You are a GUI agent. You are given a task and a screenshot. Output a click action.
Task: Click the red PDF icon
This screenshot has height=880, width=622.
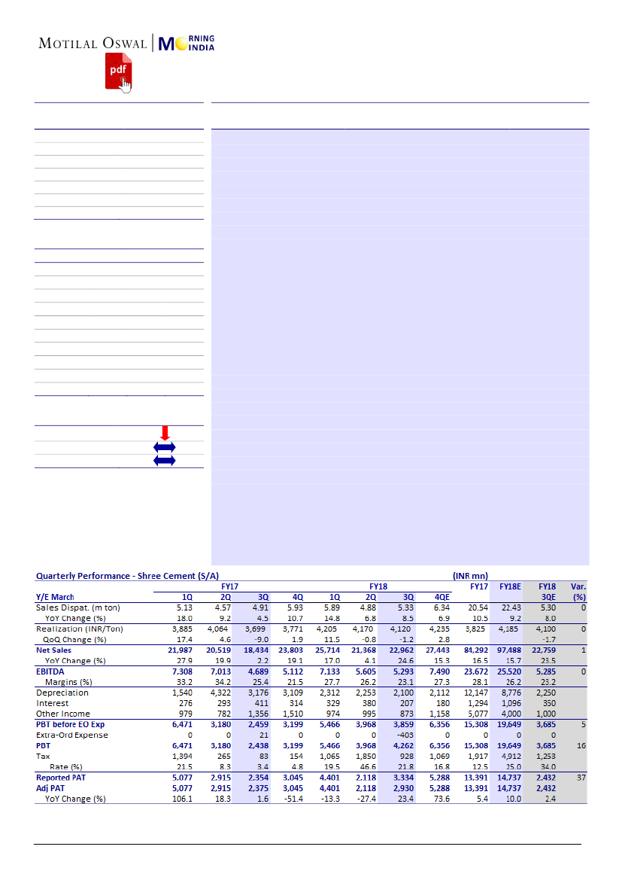tap(117, 70)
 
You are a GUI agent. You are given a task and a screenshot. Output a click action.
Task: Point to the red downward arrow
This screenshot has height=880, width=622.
tap(165, 433)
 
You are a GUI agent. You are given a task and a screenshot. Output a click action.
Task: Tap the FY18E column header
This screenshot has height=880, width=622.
tap(510, 586)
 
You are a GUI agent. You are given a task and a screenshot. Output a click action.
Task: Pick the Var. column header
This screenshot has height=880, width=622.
tap(578, 586)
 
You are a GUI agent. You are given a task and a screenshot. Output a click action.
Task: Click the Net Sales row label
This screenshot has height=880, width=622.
tap(55, 650)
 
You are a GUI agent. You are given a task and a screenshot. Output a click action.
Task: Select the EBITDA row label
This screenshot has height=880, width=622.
tap(51, 671)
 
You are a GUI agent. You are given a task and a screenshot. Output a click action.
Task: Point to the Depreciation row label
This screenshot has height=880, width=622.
tap(62, 693)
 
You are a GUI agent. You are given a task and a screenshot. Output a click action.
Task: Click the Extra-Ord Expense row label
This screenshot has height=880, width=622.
tap(72, 735)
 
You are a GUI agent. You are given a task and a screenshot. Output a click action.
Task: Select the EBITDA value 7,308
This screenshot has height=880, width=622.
tap(182, 671)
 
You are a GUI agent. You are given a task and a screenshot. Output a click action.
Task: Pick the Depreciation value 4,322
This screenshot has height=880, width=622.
tap(220, 693)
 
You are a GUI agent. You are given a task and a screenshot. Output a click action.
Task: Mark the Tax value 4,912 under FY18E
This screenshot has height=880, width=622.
tap(510, 756)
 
